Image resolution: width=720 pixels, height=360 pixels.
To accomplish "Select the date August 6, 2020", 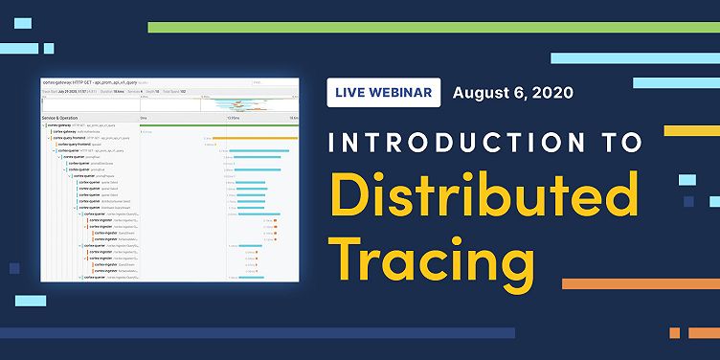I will click(513, 94).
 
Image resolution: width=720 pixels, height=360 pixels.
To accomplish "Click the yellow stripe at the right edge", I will click(691, 129).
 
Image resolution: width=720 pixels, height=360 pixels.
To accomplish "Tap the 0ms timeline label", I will click(144, 118).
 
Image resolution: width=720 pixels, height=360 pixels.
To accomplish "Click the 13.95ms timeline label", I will click(232, 118).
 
